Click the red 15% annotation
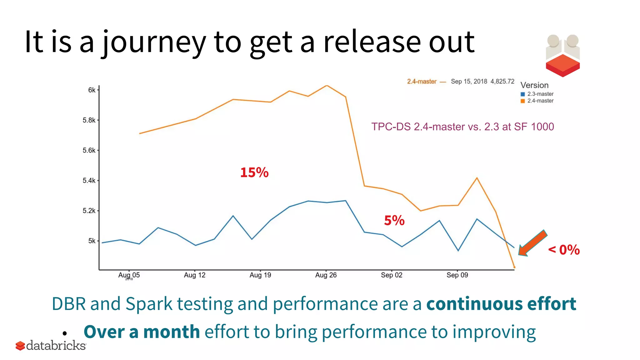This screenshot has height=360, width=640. (254, 172)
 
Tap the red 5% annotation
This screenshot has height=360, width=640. (394, 221)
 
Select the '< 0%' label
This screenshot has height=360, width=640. (564, 250)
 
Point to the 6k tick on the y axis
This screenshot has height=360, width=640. (92, 90)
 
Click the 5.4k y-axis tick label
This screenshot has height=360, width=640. (89, 181)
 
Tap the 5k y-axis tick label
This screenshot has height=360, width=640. (92, 241)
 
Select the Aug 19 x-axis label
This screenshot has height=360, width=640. (260, 275)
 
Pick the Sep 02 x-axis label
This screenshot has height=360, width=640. (391, 275)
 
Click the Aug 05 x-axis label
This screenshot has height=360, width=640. (129, 275)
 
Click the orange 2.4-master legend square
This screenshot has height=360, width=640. (522, 101)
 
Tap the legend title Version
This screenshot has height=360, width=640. (534, 85)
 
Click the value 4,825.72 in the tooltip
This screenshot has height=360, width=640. (502, 82)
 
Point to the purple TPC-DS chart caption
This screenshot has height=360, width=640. (462, 127)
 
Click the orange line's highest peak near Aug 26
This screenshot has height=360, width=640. (327, 85)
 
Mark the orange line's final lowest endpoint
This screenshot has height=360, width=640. (514, 267)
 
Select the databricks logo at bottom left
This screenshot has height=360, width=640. (51, 346)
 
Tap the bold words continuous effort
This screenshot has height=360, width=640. (501, 304)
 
